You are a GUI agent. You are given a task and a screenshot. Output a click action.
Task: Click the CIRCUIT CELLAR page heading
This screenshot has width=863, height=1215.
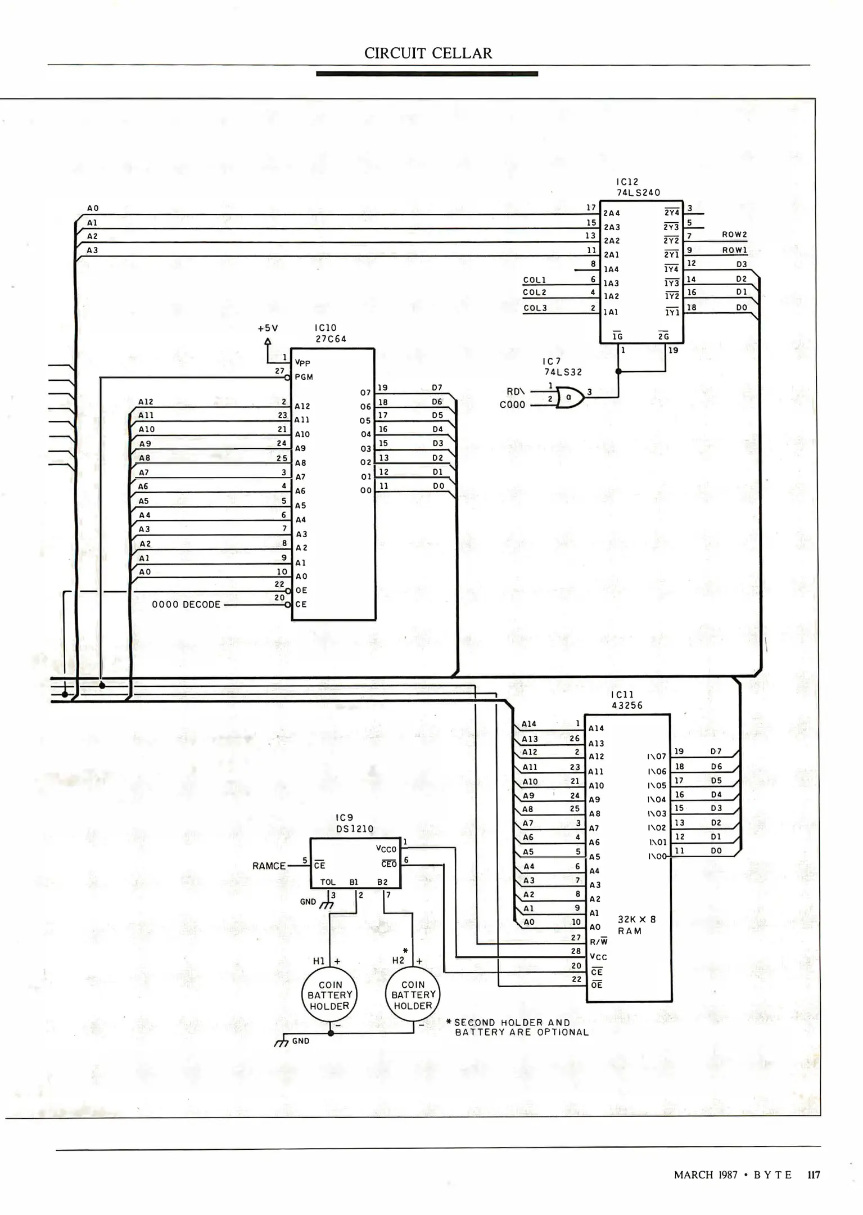click(428, 53)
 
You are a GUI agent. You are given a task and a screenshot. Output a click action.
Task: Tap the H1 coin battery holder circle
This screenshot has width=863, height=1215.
click(329, 995)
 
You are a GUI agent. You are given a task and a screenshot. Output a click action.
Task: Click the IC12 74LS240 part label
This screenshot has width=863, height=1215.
click(638, 187)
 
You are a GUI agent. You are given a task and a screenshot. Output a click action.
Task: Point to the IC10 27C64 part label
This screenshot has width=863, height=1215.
click(330, 334)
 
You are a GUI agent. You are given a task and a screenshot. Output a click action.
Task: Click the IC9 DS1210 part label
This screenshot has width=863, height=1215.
click(354, 823)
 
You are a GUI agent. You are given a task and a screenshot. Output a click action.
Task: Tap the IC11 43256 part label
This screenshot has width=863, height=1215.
click(626, 700)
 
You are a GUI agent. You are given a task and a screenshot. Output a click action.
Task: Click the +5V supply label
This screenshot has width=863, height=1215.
click(268, 328)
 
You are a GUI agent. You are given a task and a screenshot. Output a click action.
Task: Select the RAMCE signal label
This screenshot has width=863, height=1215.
click(269, 866)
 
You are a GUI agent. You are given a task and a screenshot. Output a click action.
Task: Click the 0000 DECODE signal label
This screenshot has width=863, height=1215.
click(186, 605)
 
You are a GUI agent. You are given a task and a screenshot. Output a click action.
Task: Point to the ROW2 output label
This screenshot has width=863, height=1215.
click(734, 235)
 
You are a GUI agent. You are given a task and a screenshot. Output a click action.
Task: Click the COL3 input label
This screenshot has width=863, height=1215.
click(535, 308)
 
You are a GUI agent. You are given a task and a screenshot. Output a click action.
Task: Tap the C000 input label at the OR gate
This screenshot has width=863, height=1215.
click(512, 404)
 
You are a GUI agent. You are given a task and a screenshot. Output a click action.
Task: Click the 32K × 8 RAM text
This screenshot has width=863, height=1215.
click(636, 925)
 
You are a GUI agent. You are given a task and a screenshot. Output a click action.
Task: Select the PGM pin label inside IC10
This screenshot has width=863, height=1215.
click(304, 377)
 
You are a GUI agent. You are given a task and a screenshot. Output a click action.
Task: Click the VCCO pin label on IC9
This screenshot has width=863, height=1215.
click(386, 849)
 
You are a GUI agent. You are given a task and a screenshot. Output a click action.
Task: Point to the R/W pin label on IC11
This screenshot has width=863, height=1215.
click(598, 942)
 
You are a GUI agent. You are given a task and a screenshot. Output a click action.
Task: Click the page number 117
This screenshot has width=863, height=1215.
click(814, 1175)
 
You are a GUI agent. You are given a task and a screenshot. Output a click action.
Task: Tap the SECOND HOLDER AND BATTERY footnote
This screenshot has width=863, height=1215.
click(517, 1027)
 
